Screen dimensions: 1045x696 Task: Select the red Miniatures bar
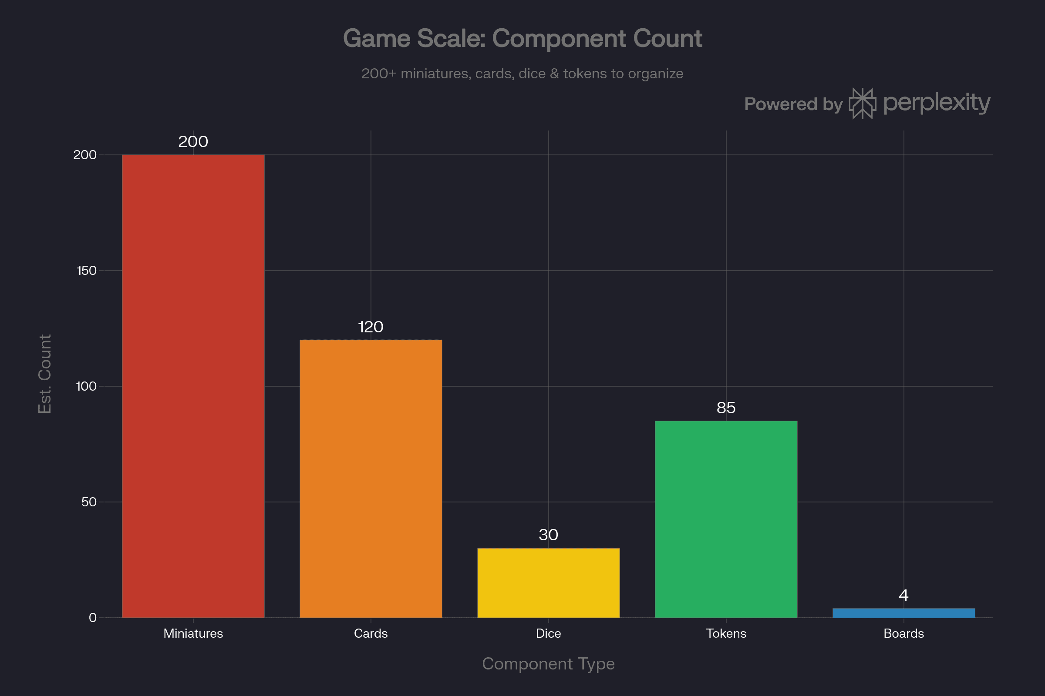pyautogui.click(x=193, y=386)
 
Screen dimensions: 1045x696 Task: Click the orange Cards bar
pyautogui.click(x=371, y=478)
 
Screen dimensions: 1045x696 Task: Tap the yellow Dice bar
pyautogui.click(x=548, y=583)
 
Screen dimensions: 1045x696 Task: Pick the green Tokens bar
pyautogui.click(x=726, y=519)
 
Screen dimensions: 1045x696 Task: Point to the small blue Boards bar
pyautogui.click(x=904, y=613)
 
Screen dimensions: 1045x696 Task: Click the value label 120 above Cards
pyautogui.click(x=371, y=327)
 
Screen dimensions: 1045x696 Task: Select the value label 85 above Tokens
pyautogui.click(x=726, y=408)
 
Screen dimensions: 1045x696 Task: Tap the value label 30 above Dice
pyautogui.click(x=548, y=535)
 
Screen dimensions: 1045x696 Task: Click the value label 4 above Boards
pyautogui.click(x=904, y=595)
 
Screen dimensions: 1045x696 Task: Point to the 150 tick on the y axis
pyautogui.click(x=87, y=270)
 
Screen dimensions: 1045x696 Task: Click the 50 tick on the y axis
pyautogui.click(x=89, y=502)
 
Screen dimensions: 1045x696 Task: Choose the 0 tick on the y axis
pyautogui.click(x=92, y=618)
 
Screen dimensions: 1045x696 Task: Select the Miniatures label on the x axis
pyautogui.click(x=193, y=633)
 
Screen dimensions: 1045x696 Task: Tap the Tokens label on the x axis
pyautogui.click(x=726, y=633)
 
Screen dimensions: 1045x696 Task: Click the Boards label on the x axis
pyautogui.click(x=904, y=633)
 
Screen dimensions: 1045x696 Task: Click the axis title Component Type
pyautogui.click(x=548, y=664)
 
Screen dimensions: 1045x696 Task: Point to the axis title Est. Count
pyautogui.click(x=45, y=374)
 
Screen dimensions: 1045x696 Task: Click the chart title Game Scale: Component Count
pyautogui.click(x=522, y=39)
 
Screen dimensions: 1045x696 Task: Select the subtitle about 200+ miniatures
pyautogui.click(x=522, y=74)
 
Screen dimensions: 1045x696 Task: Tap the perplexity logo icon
pyautogui.click(x=863, y=104)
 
